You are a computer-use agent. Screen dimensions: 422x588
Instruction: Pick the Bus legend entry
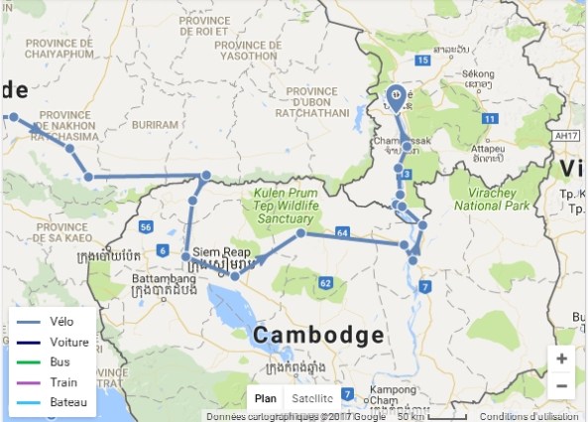[x=59, y=362]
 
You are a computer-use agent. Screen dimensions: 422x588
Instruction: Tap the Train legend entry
[x=61, y=382]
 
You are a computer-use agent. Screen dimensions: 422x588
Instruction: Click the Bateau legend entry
[x=66, y=401]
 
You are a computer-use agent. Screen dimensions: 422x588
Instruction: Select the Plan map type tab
[x=266, y=398]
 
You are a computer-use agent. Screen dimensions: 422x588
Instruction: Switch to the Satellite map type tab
[x=312, y=398]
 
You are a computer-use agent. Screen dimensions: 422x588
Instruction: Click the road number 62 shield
[x=324, y=284]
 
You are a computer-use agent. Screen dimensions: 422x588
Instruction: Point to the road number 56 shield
[x=145, y=226]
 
